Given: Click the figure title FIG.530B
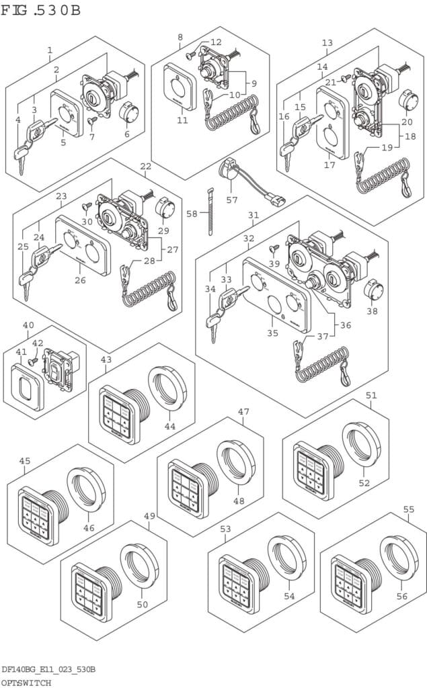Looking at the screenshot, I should (x=42, y=11).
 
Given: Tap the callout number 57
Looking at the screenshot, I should (x=231, y=200).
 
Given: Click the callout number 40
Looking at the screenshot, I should (x=28, y=326).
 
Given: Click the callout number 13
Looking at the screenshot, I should (x=327, y=43).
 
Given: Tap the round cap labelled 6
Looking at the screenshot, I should (x=127, y=113).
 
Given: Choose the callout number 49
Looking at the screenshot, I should (x=149, y=516).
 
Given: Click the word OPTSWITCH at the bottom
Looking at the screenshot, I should (x=26, y=682).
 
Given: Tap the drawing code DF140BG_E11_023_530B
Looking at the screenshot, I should (x=48, y=670).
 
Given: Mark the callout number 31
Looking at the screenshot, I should (x=253, y=215).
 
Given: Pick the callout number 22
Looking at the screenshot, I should (x=145, y=166).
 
